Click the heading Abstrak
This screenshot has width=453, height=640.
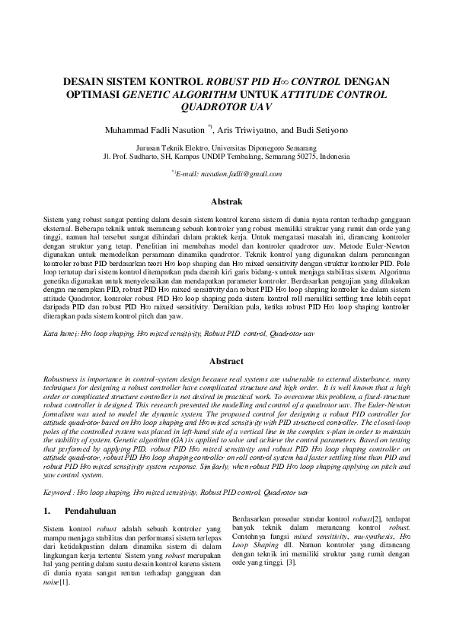226,202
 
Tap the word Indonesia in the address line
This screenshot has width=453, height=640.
335,156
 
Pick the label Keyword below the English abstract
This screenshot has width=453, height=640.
59,493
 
